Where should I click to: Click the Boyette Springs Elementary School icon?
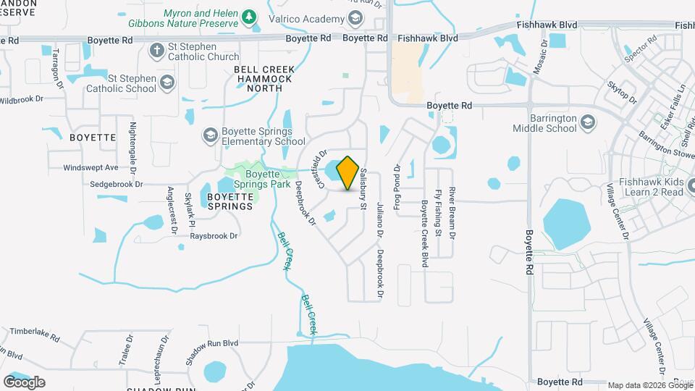click(210, 134)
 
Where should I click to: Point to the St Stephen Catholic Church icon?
click(156, 50)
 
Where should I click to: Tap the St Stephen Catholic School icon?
click(168, 82)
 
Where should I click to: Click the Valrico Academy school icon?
click(355, 17)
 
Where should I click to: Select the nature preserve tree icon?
click(250, 17)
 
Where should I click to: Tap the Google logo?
click(24, 382)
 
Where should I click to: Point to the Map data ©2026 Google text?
click(650, 385)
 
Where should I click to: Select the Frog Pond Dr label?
click(397, 187)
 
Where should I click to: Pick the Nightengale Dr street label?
click(132, 147)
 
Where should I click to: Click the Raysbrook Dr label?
click(208, 236)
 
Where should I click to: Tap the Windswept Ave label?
click(90, 167)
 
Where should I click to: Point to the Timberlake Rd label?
click(34, 332)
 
